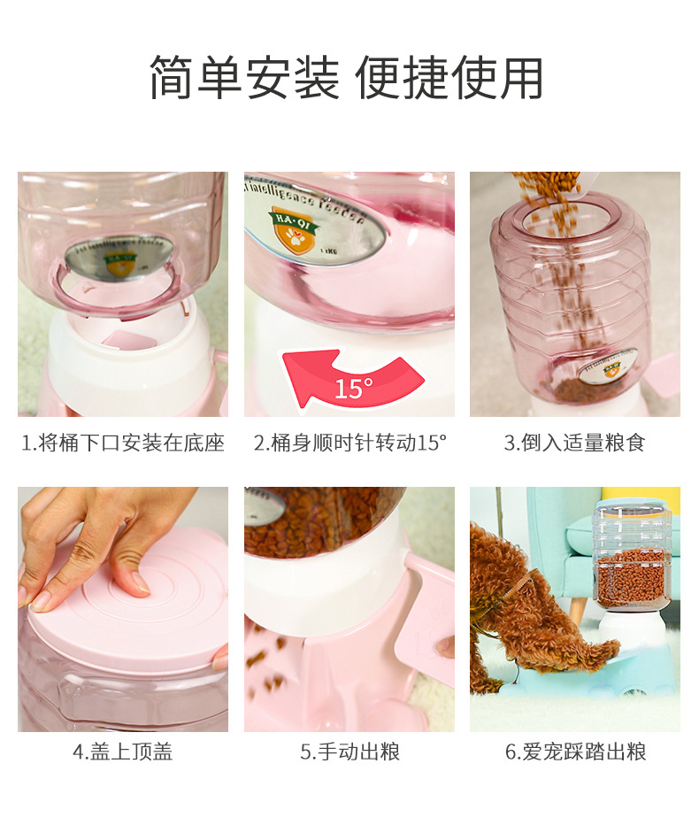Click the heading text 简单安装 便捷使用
(346, 79)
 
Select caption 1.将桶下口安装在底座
(123, 443)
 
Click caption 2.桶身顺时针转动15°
(349, 443)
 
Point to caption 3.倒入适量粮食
(575, 443)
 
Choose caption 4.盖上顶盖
(123, 752)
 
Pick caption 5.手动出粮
(349, 752)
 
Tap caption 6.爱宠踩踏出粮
(575, 752)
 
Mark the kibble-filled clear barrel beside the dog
(631, 558)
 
